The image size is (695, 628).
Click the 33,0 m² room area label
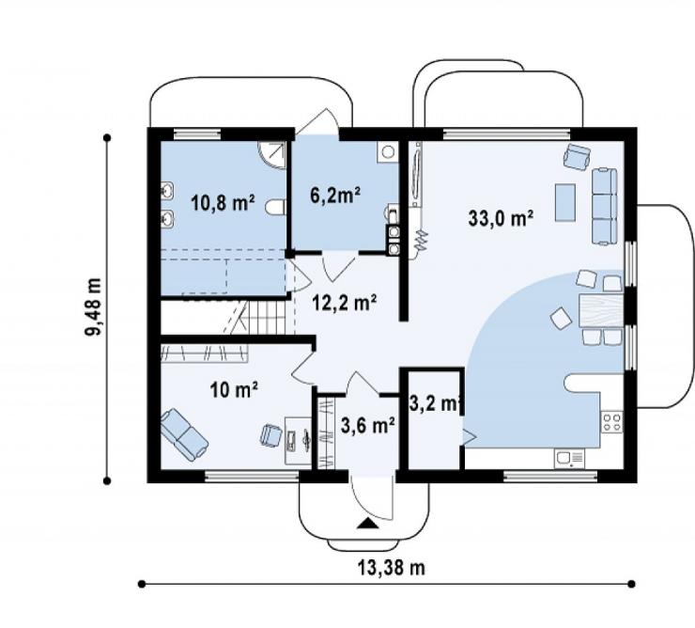click(501, 218)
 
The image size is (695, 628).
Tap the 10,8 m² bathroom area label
click(223, 203)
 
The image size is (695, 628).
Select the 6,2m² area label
click(334, 195)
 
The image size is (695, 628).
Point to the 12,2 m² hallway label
click(345, 303)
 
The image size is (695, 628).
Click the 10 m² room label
click(234, 389)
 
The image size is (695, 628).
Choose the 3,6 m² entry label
click(368, 426)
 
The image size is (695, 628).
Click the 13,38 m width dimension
click(391, 568)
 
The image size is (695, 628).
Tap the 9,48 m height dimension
click(94, 307)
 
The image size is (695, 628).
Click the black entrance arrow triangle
click(368, 524)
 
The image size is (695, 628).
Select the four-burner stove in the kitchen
click(612, 422)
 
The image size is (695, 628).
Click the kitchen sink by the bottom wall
click(569, 458)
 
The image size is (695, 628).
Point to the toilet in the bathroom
click(275, 208)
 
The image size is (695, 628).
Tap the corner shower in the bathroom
click(272, 155)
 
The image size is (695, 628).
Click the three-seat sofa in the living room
click(605, 207)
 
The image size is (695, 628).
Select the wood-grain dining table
click(601, 311)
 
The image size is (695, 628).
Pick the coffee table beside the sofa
click(565, 202)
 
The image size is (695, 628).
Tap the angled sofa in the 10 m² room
click(184, 435)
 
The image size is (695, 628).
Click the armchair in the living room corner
click(577, 157)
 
